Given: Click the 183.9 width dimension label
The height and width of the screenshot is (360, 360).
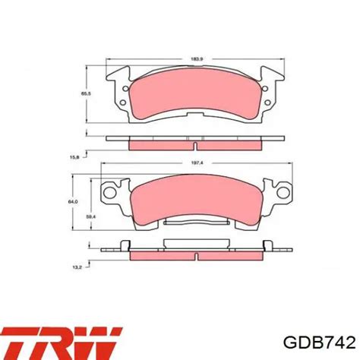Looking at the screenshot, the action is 197,59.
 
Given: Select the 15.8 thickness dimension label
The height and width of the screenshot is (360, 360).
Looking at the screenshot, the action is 74,157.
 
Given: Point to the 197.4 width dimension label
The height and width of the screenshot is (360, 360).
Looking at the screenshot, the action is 197,163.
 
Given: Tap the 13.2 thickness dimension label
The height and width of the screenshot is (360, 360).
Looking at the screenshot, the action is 77,267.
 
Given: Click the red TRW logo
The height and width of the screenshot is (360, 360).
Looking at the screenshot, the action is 62,343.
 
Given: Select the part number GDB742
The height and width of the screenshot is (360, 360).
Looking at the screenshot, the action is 320,343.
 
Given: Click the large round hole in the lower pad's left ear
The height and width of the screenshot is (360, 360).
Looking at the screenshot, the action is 110,192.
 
